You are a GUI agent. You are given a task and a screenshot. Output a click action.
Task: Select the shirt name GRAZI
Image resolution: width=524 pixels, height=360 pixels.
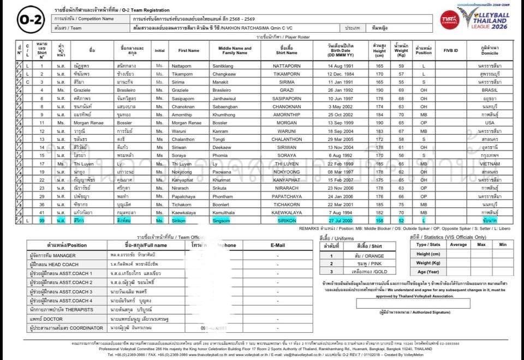(x=287, y=89)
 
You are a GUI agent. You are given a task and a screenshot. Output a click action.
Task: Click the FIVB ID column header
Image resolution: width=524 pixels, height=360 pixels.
(x=451, y=50)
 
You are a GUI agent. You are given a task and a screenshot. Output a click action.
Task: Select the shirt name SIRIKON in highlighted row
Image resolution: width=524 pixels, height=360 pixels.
(x=287, y=220)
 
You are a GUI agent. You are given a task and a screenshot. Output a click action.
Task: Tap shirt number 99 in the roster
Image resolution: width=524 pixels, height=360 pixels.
(x=42, y=220)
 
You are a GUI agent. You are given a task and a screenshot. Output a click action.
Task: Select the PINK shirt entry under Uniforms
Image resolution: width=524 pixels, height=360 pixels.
(x=361, y=263)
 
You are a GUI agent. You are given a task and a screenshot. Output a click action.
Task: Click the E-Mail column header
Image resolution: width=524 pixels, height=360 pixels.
(x=278, y=245)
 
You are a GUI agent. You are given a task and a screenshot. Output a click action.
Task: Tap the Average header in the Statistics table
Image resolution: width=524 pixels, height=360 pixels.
(x=459, y=244)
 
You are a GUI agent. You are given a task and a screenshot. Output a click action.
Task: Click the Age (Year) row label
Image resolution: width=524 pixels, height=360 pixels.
(x=428, y=272)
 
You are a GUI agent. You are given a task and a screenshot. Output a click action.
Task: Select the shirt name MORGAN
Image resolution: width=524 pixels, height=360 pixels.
(x=287, y=122)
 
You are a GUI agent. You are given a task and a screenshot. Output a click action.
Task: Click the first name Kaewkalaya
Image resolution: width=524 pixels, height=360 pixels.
(x=188, y=212)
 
